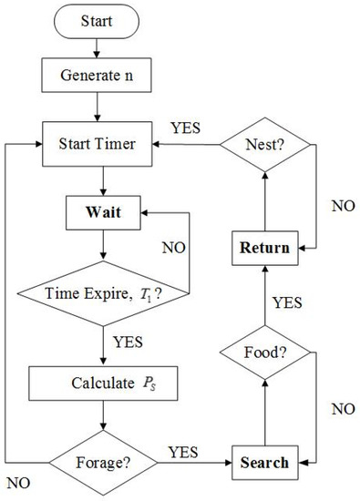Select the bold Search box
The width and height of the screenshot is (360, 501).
264,462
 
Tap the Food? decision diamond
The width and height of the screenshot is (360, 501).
264,352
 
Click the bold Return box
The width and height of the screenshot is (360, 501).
264,247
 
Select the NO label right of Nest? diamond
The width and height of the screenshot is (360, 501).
343,206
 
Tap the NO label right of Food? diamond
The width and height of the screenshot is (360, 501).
343,409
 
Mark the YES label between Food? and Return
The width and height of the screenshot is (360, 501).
289,300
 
